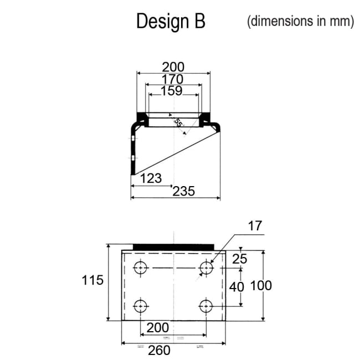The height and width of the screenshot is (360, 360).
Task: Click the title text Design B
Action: click(x=171, y=22)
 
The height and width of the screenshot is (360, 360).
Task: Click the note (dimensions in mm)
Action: click(x=300, y=21)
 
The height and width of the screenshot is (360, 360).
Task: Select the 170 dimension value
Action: click(x=172, y=79)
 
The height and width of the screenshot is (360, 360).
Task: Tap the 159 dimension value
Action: click(x=171, y=91)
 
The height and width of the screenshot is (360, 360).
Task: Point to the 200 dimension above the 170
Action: click(x=173, y=66)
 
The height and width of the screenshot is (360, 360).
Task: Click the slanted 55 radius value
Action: click(x=178, y=124)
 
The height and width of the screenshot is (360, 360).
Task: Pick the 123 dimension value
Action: click(x=151, y=178)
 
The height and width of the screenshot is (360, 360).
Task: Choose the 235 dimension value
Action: click(x=184, y=191)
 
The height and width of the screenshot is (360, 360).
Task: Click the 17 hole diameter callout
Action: click(x=255, y=226)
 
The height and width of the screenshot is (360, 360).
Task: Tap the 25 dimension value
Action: click(x=240, y=258)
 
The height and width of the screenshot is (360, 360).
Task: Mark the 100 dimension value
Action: click(x=261, y=286)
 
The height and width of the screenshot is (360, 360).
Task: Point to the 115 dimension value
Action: click(x=92, y=280)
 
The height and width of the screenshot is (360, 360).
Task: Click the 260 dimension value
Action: click(x=160, y=351)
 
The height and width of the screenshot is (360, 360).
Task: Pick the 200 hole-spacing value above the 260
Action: click(x=155, y=328)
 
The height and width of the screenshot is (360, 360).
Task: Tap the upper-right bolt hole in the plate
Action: click(x=207, y=268)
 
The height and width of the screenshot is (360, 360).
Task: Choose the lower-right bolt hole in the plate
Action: click(x=207, y=306)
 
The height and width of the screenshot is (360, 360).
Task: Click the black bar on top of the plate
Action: click(x=174, y=246)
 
